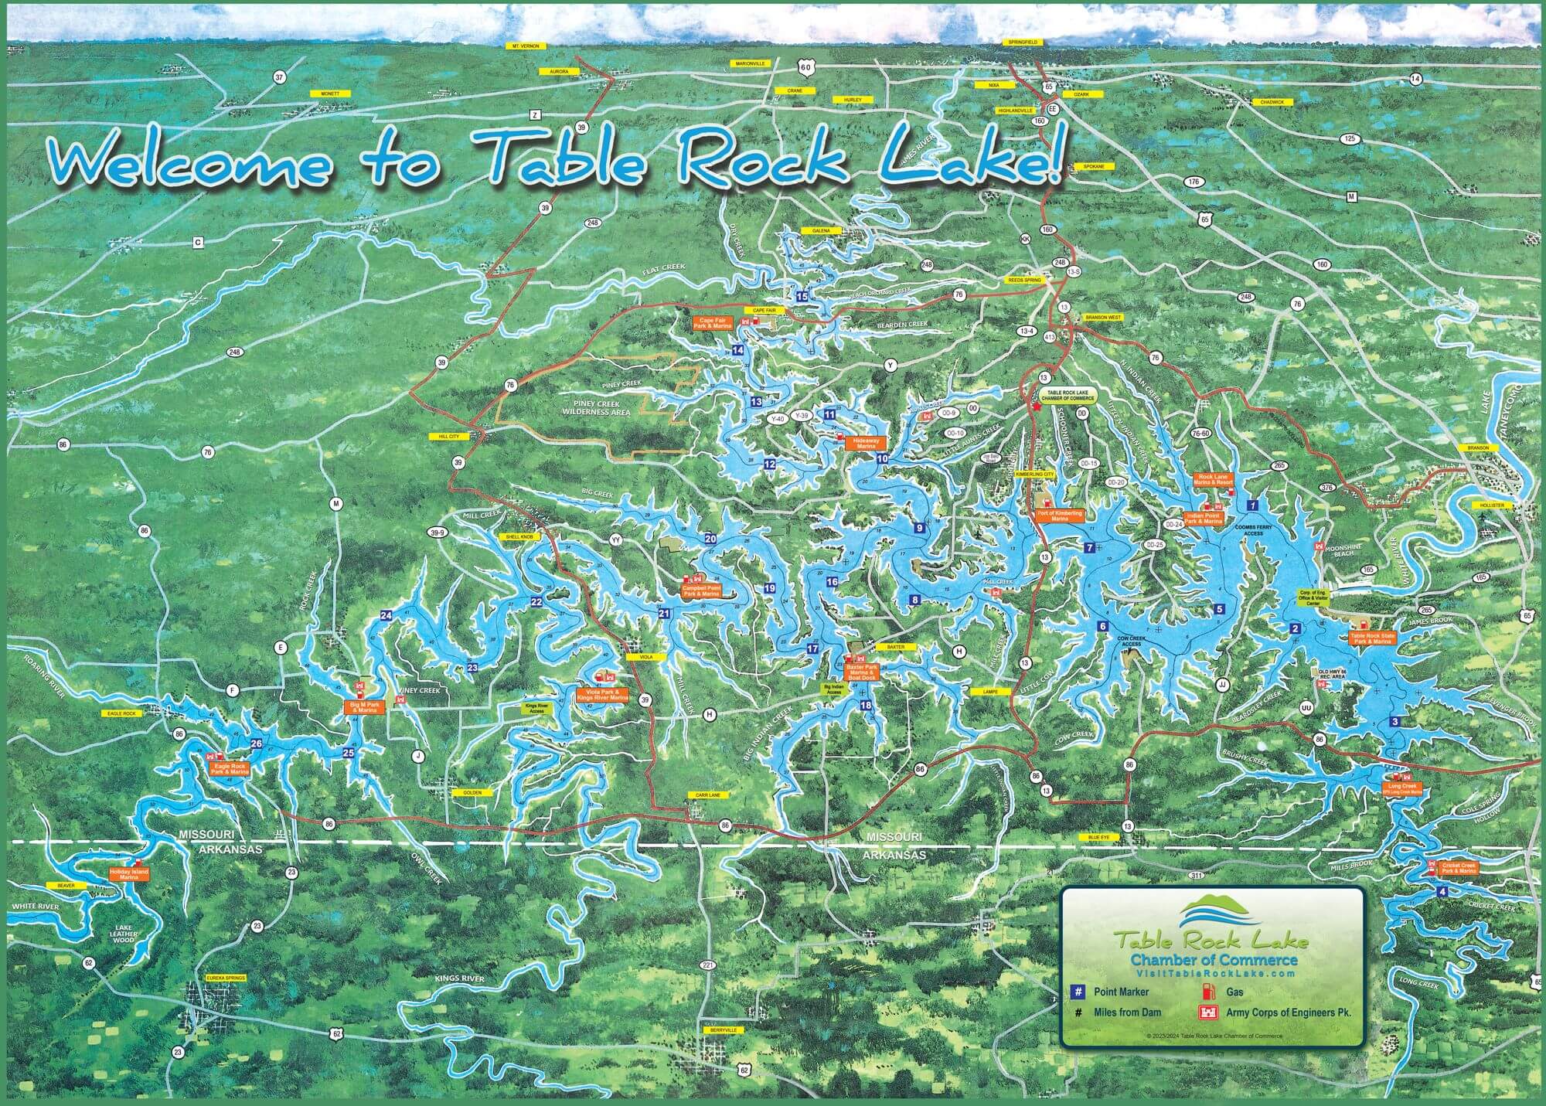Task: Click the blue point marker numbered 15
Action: click(802, 296)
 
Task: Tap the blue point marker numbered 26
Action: click(257, 744)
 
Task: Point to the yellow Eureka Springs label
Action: click(226, 978)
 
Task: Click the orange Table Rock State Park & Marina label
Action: click(1372, 638)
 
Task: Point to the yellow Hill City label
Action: click(448, 436)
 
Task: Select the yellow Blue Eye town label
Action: click(1098, 837)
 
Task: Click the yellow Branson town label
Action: click(1477, 448)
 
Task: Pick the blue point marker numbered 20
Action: click(710, 539)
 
